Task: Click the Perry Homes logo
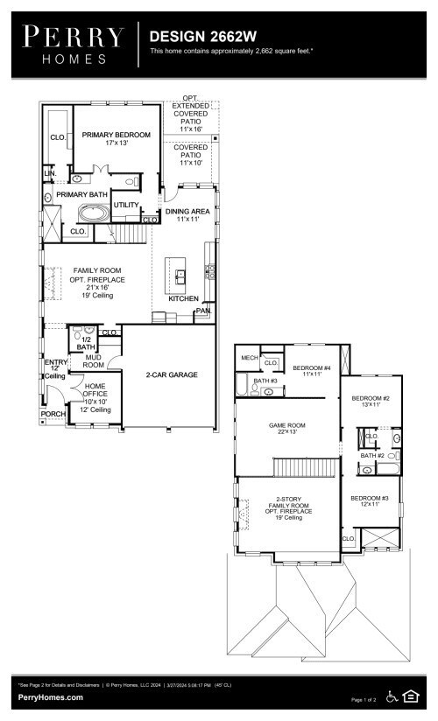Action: (x=74, y=44)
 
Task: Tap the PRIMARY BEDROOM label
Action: (x=117, y=135)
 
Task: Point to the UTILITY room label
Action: (x=126, y=205)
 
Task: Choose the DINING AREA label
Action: (x=187, y=212)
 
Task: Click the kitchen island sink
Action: (x=180, y=276)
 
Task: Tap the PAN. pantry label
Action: (x=203, y=311)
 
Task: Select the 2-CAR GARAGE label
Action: (x=172, y=374)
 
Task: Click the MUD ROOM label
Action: (x=94, y=360)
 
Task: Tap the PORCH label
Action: (x=53, y=415)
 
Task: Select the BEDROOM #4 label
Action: (x=312, y=367)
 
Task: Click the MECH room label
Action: (x=250, y=357)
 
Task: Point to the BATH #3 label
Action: (x=265, y=381)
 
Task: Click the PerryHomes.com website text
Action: (x=51, y=697)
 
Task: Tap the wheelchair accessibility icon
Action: (x=392, y=696)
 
